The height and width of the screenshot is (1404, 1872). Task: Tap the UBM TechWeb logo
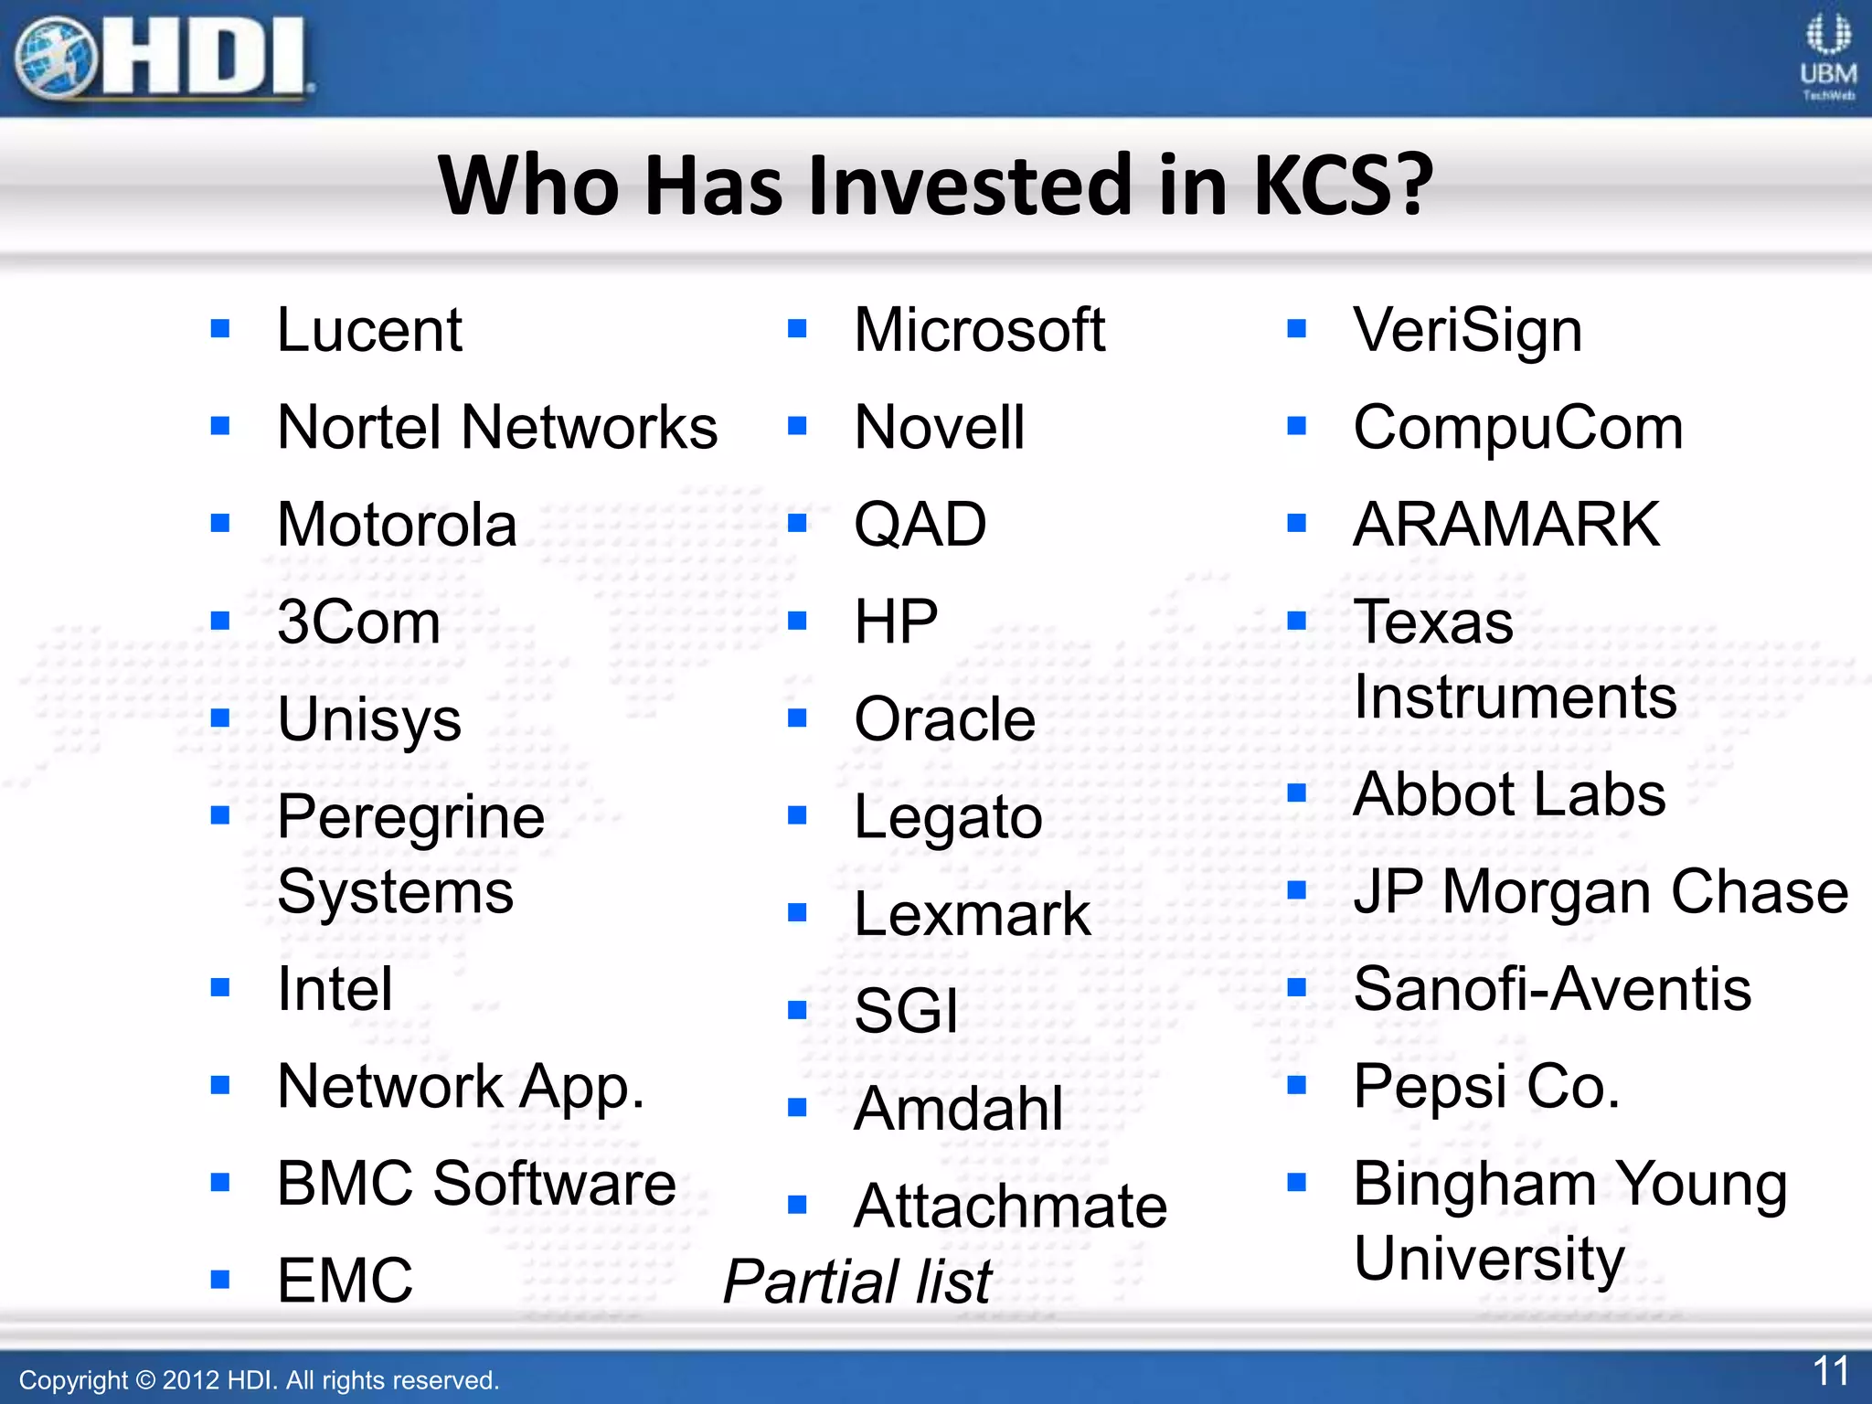pos(1827,57)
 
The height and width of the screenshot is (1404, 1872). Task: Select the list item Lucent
pos(369,330)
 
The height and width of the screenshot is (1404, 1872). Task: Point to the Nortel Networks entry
pos(497,427)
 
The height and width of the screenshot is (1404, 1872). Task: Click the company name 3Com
pos(358,622)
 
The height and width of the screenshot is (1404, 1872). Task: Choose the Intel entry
pos(335,989)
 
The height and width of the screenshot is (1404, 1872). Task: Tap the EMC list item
pos(345,1280)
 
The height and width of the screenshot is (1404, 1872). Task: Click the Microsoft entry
pos(979,330)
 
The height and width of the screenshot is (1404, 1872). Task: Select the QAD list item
pos(920,525)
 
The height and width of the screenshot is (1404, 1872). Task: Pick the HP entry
pos(896,622)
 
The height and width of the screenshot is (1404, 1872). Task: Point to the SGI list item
pos(906,1011)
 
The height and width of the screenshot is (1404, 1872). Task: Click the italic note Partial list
pos(856,1282)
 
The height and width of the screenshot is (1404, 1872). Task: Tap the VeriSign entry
pos(1467,330)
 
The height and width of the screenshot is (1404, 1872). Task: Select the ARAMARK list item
pos(1506,525)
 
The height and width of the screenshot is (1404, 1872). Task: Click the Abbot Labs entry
pos(1509,793)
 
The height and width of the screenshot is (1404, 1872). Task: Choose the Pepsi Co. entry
pos(1486,1086)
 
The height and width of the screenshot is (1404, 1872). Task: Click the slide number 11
pos(1831,1371)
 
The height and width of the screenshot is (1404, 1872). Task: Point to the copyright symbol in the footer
pos(145,1380)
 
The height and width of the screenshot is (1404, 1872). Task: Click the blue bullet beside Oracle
pos(797,718)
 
